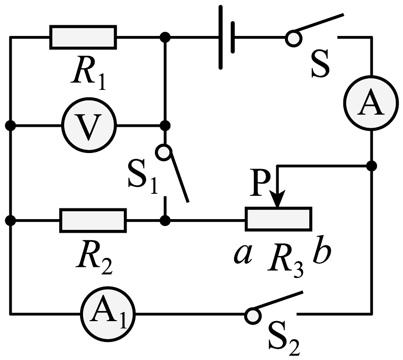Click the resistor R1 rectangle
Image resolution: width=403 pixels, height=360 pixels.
(x=83, y=37)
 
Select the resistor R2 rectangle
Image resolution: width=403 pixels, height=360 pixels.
(x=93, y=221)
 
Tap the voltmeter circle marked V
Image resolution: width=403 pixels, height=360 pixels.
(x=89, y=125)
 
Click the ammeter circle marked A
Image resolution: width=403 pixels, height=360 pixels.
(x=371, y=103)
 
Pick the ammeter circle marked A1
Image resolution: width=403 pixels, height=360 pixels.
(x=108, y=314)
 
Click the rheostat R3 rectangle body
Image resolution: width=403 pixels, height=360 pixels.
(x=279, y=219)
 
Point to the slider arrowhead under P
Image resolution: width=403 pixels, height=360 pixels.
(x=277, y=199)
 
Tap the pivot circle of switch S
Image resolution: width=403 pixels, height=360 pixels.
(x=294, y=38)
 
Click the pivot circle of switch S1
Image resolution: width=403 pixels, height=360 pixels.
(x=164, y=153)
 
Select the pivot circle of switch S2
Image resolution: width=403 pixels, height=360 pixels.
(x=253, y=316)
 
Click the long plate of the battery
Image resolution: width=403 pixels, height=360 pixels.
(x=220, y=37)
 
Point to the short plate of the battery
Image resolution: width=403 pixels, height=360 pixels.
(x=233, y=37)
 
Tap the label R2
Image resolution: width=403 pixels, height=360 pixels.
(x=94, y=258)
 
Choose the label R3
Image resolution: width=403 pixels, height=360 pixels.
(x=285, y=263)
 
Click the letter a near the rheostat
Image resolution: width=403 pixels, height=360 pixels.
(x=243, y=254)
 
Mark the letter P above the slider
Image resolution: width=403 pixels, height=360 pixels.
(x=260, y=182)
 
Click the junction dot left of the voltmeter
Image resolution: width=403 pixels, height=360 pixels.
(x=10, y=125)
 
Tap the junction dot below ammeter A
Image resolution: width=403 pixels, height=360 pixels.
(x=371, y=165)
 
